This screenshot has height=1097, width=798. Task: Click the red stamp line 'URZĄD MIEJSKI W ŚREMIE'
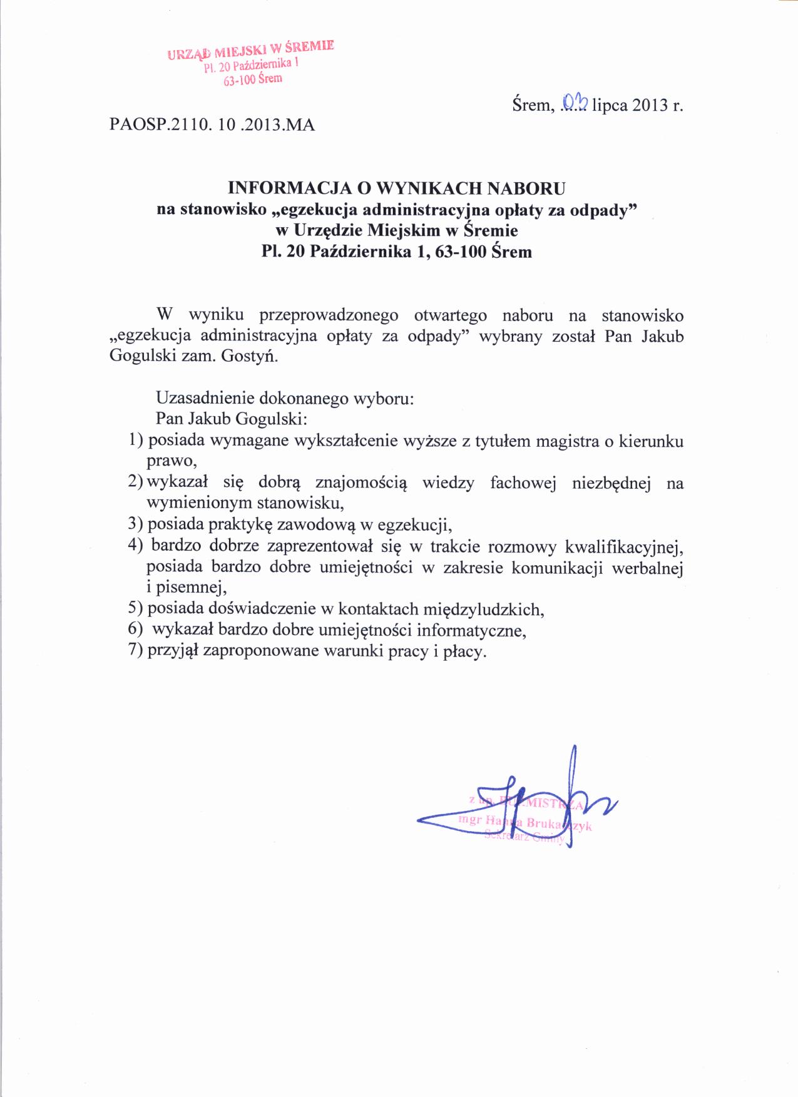pos(251,49)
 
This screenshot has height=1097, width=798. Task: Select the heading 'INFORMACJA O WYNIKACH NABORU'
pos(397,188)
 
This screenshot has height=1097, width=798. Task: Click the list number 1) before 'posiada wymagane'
pos(135,441)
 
